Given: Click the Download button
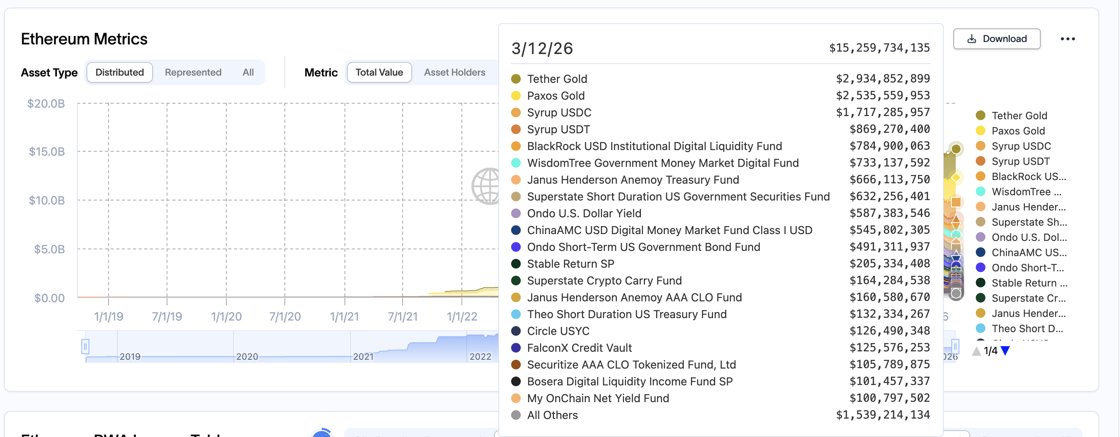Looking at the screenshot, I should point(997,39).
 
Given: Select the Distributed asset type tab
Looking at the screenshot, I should point(119,72).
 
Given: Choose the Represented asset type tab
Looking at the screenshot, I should point(193,72).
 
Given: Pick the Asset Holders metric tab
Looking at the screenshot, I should point(454,72).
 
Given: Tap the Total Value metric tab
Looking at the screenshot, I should point(379,72).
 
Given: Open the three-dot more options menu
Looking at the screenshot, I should point(1068,39).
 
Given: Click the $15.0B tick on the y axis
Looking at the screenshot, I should point(47,152).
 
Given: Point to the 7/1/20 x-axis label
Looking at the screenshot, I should point(285,316).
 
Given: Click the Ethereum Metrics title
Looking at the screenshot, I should point(85,39).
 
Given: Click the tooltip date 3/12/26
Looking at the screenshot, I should point(542,49).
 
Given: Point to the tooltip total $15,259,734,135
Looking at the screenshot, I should point(879,48).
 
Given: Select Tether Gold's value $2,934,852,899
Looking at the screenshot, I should point(882,78).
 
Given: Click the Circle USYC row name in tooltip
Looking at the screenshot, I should point(558,331).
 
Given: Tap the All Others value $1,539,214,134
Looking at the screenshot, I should point(882,415).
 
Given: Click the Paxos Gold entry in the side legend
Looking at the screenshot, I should point(1018,131).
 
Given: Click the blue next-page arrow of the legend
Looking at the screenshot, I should point(1005,351).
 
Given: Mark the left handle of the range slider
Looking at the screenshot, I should point(85,347).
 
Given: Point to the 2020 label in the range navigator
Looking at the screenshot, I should point(247,357).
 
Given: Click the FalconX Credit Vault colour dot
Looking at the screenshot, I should point(516,348).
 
